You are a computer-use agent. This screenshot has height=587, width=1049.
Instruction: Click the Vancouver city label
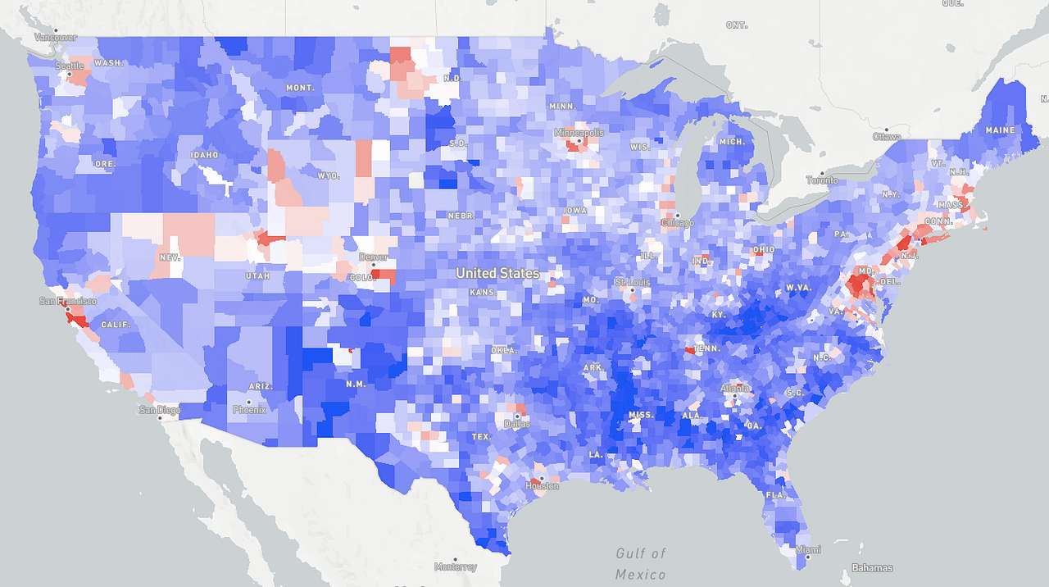[x=56, y=37]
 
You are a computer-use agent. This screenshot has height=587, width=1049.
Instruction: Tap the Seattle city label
[x=69, y=66]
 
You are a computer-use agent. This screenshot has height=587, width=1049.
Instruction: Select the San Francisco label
[x=68, y=301]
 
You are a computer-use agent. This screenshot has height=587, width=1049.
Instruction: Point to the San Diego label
[x=159, y=410]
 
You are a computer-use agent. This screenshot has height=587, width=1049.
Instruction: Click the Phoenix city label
[x=249, y=409]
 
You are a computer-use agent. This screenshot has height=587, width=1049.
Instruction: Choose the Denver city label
[x=373, y=257]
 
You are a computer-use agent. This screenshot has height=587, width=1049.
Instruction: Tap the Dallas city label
[x=517, y=424]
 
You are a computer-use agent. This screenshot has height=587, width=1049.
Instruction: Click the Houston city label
[x=542, y=486]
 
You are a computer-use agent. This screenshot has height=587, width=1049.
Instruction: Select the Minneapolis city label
[x=579, y=133]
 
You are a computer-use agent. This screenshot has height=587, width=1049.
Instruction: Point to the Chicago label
[x=678, y=222]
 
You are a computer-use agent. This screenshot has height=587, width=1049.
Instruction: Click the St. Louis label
[x=632, y=283]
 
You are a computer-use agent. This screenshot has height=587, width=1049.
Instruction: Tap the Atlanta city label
[x=735, y=388]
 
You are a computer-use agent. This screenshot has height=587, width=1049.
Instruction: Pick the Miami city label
[x=808, y=549]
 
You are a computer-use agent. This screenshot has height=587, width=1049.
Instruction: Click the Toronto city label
[x=822, y=180]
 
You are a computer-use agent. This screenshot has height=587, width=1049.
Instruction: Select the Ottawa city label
[x=886, y=136]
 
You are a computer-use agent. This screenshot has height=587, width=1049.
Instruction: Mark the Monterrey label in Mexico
[x=456, y=567]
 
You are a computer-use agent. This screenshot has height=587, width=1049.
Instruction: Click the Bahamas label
[x=872, y=567]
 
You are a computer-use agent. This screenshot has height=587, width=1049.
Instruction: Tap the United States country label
[x=497, y=273]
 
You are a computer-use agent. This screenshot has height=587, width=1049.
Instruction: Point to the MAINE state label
[x=1000, y=130]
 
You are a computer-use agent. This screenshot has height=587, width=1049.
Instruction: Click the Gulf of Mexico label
[x=641, y=564]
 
